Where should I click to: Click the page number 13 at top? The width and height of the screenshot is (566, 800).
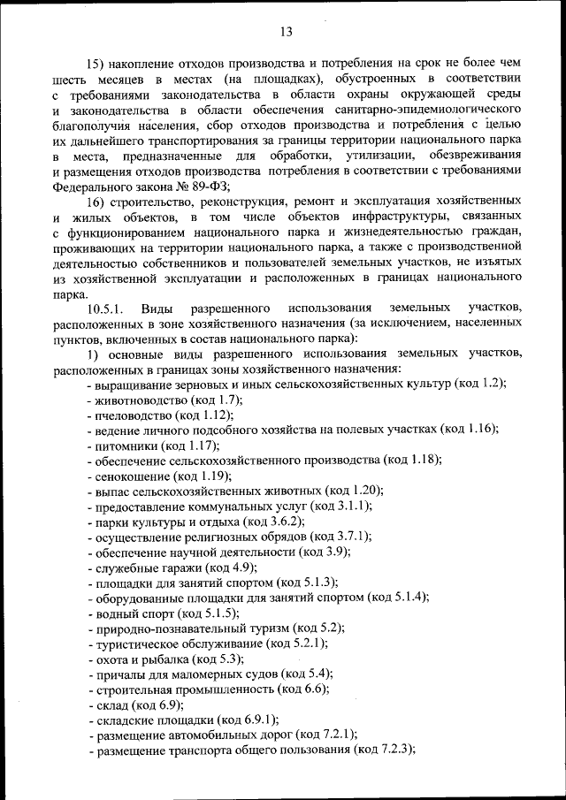coord(286,33)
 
